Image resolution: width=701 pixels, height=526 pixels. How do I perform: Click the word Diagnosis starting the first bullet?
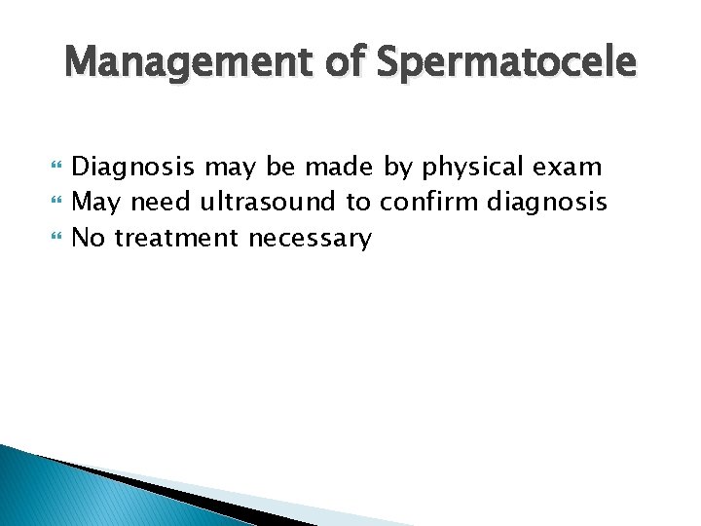[x=134, y=168]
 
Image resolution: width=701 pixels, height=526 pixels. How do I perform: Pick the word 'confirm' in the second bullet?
[x=429, y=203]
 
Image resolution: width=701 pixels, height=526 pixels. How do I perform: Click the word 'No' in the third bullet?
[x=90, y=237]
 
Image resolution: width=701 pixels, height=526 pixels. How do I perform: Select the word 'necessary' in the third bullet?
[x=311, y=239]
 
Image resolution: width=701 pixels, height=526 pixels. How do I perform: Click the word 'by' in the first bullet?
[x=397, y=168]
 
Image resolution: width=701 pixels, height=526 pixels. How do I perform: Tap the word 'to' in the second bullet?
[x=358, y=203]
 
